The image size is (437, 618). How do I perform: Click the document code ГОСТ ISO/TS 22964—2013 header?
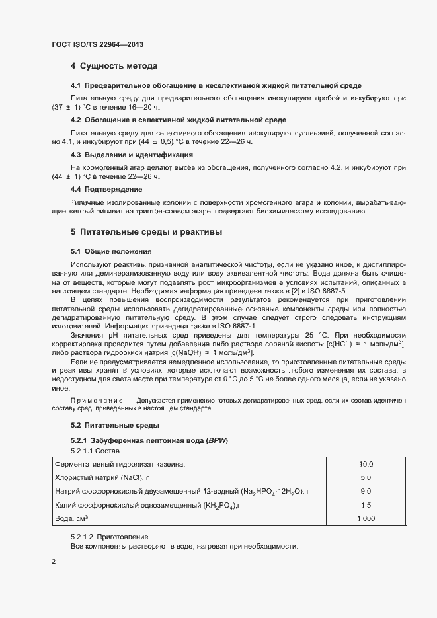point(97,44)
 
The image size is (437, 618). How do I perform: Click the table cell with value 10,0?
point(366,465)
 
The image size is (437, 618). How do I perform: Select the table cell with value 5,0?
point(366,477)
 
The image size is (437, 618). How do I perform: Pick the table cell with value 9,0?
point(366,491)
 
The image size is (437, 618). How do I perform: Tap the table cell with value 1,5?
point(366,505)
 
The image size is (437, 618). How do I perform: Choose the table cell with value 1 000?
point(366,519)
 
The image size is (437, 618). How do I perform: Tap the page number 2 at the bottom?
point(54,562)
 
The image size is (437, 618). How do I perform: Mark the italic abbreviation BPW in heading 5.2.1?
point(217,440)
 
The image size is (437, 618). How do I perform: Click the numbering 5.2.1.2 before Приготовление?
point(83,536)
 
